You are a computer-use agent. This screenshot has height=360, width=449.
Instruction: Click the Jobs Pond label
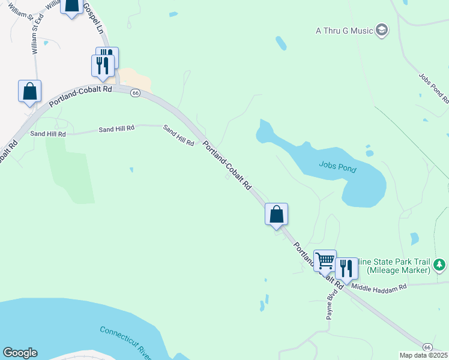pyautogui.click(x=337, y=167)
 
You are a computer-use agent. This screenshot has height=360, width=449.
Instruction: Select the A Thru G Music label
pyautogui.click(x=344, y=30)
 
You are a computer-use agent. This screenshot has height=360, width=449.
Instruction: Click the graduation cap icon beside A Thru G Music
pyautogui.click(x=382, y=29)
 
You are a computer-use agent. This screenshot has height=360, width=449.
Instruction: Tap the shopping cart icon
pyautogui.click(x=325, y=260)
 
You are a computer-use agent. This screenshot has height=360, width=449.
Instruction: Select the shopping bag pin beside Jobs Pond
pyautogui.click(x=276, y=214)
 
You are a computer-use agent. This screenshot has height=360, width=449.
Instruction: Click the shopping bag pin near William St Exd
pyautogui.click(x=29, y=91)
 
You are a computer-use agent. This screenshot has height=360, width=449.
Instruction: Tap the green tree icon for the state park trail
pyautogui.click(x=440, y=264)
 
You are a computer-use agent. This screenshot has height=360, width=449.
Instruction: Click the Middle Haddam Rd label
pyautogui.click(x=379, y=287)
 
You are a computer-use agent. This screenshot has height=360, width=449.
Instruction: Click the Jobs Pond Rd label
pyautogui.click(x=434, y=88)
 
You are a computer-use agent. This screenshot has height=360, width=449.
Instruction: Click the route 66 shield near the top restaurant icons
pyautogui.click(x=135, y=93)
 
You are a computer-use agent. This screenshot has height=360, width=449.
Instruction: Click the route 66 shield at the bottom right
pyautogui.click(x=427, y=347)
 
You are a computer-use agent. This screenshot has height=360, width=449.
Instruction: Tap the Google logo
pyautogui.click(x=20, y=353)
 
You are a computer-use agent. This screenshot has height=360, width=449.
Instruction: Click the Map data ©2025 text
pyautogui.click(x=423, y=355)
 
